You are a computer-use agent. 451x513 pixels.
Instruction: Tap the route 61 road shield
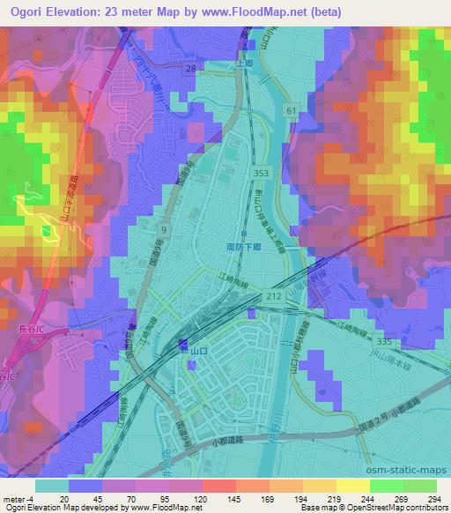click(292, 108)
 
